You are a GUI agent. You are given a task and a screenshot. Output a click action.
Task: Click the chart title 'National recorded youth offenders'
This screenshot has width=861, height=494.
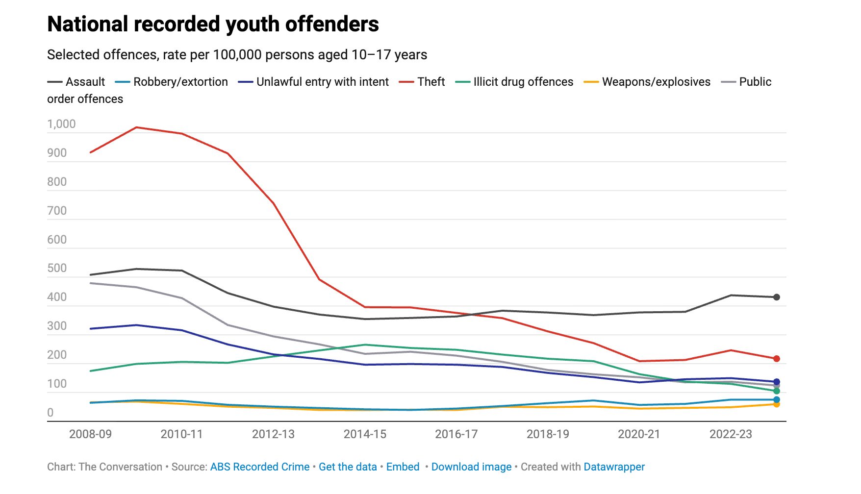213,24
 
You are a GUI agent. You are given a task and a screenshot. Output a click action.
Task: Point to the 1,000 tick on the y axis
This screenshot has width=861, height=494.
61,124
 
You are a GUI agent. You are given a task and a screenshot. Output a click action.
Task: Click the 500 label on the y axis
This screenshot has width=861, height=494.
57,268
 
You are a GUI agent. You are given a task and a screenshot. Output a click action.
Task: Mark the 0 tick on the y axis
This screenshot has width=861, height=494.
51,413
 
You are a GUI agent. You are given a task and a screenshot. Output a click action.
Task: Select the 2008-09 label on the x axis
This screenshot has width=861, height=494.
90,434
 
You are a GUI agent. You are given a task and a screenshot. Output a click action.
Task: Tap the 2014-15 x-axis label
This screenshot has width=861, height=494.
365,434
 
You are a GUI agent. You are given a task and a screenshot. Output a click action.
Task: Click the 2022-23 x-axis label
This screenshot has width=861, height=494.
731,434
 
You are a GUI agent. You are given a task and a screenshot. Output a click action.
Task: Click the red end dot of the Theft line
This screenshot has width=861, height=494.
777,359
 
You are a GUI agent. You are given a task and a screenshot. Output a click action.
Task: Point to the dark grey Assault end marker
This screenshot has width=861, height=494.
777,297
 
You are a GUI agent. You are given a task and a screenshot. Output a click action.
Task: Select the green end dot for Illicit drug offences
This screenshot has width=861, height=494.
777,391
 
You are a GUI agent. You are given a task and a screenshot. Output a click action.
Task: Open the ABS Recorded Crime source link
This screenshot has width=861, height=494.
260,467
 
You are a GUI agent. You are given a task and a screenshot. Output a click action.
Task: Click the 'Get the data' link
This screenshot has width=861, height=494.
348,467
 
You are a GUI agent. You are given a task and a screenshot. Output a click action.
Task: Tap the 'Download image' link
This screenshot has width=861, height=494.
471,467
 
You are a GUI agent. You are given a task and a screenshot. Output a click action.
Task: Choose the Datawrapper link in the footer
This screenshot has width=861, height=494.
614,467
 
